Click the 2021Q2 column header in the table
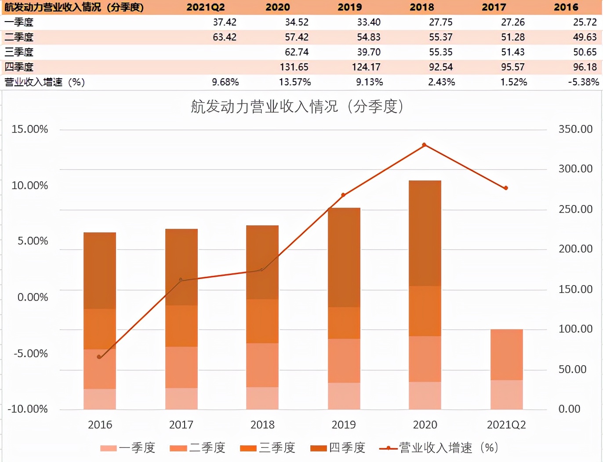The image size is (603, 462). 205,7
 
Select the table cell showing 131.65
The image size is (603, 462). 294,67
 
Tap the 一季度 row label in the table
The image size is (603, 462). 19,22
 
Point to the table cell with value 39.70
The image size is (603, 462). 369,52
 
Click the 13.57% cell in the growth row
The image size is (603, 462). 294,82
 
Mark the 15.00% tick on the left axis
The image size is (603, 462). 29,129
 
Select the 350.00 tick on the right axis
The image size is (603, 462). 575,129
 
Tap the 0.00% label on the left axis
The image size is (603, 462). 33,297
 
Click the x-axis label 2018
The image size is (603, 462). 262,425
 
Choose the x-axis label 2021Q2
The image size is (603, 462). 506,425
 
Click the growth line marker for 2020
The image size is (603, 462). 424,145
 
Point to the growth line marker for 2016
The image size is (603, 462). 99,357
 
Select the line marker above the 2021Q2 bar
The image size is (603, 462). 506,188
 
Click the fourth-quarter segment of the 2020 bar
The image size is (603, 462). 425,233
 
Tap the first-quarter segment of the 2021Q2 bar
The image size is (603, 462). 506,395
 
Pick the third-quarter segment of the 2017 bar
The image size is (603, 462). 181,326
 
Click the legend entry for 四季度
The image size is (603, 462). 338,448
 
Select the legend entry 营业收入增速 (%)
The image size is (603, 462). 440,448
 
